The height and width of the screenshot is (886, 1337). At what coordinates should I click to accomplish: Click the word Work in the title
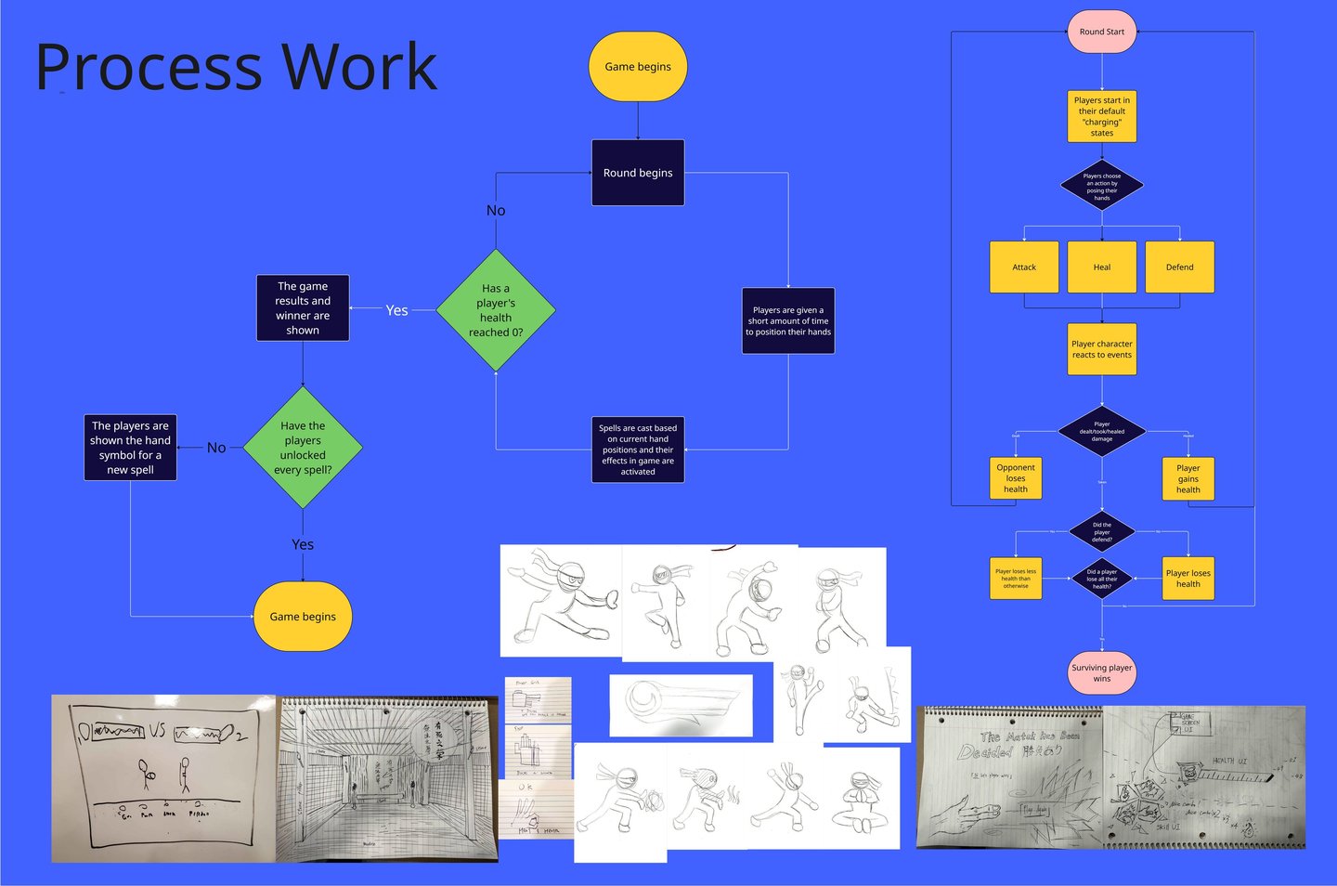(x=359, y=67)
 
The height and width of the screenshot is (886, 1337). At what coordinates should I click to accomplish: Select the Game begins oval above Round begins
(x=638, y=67)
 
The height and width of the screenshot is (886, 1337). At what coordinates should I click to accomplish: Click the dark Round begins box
(x=638, y=173)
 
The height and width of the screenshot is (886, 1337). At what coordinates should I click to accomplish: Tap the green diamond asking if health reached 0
(x=496, y=310)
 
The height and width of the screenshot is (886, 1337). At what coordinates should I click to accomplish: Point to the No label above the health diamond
(x=496, y=211)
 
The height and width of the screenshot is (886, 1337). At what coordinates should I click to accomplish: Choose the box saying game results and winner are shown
(x=303, y=307)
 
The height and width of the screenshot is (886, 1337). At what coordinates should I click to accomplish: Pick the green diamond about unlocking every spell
(x=303, y=448)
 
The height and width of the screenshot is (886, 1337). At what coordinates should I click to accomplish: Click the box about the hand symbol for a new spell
(x=130, y=448)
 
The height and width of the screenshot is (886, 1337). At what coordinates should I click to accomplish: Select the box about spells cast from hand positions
(x=638, y=450)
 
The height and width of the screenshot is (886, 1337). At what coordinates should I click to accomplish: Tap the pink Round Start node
(x=1102, y=32)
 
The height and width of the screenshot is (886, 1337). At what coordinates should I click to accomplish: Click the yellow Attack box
(x=1024, y=267)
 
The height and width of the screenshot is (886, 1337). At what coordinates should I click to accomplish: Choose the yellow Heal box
(x=1102, y=267)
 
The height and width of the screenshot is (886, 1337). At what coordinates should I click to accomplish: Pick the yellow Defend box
(x=1180, y=267)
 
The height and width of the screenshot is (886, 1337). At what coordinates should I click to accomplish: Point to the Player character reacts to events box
(x=1102, y=349)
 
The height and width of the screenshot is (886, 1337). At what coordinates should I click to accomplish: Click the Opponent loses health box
(x=1016, y=478)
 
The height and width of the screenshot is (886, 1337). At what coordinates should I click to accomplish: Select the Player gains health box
(x=1188, y=478)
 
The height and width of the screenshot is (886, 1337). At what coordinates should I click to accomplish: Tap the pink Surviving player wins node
(x=1102, y=672)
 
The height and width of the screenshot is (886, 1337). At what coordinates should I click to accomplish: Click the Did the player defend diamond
(x=1102, y=532)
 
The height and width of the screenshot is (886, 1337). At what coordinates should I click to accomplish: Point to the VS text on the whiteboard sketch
(x=157, y=730)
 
